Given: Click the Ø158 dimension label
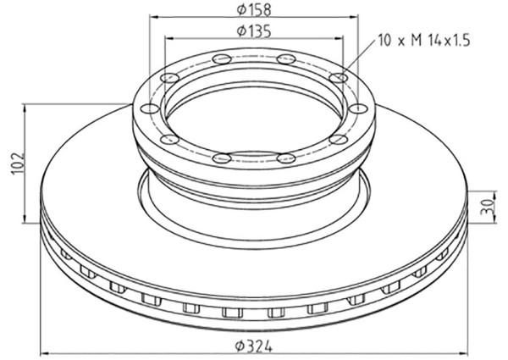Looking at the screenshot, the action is (254, 9).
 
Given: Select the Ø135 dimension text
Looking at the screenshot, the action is (254, 31).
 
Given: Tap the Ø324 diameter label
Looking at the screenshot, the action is (254, 346).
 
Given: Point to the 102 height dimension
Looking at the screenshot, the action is (19, 163).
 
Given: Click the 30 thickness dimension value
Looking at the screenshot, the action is (488, 207).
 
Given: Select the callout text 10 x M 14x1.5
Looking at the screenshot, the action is (424, 41).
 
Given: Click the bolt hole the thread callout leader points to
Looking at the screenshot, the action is (339, 78).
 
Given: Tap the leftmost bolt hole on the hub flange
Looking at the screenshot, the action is (150, 109).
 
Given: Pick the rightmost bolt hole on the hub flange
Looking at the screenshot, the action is (359, 108).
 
